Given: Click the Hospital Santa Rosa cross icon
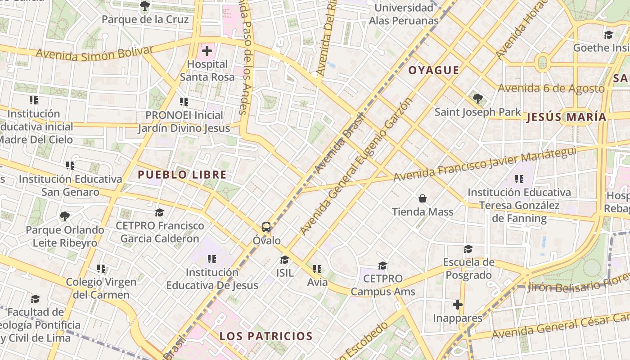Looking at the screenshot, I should pos(207,51).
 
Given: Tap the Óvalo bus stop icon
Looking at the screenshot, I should pos(266,227).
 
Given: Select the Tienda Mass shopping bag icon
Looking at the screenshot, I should pos(423,198).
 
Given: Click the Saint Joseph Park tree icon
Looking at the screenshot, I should pos(477,98).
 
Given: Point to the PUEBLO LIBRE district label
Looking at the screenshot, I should pos(182,175).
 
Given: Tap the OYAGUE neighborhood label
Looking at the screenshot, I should pos(434,70).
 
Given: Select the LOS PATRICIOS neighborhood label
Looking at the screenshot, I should pos(266,336).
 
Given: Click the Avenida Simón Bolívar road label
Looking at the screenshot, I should pos(94,53).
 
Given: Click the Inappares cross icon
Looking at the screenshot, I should pos(458,305).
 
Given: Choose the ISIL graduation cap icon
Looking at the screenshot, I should pos(284,260).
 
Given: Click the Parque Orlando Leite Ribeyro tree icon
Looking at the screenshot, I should pos(65,216).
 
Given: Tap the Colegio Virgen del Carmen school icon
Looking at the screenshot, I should pos(101,269).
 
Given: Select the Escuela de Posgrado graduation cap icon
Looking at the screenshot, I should pos(468,249).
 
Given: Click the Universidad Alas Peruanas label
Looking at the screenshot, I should pos(404,14).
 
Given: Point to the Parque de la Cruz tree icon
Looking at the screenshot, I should pos(145,6).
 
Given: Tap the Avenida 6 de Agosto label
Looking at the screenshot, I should pos(551,88).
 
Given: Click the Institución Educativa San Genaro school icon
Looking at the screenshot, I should pos(70,166).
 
